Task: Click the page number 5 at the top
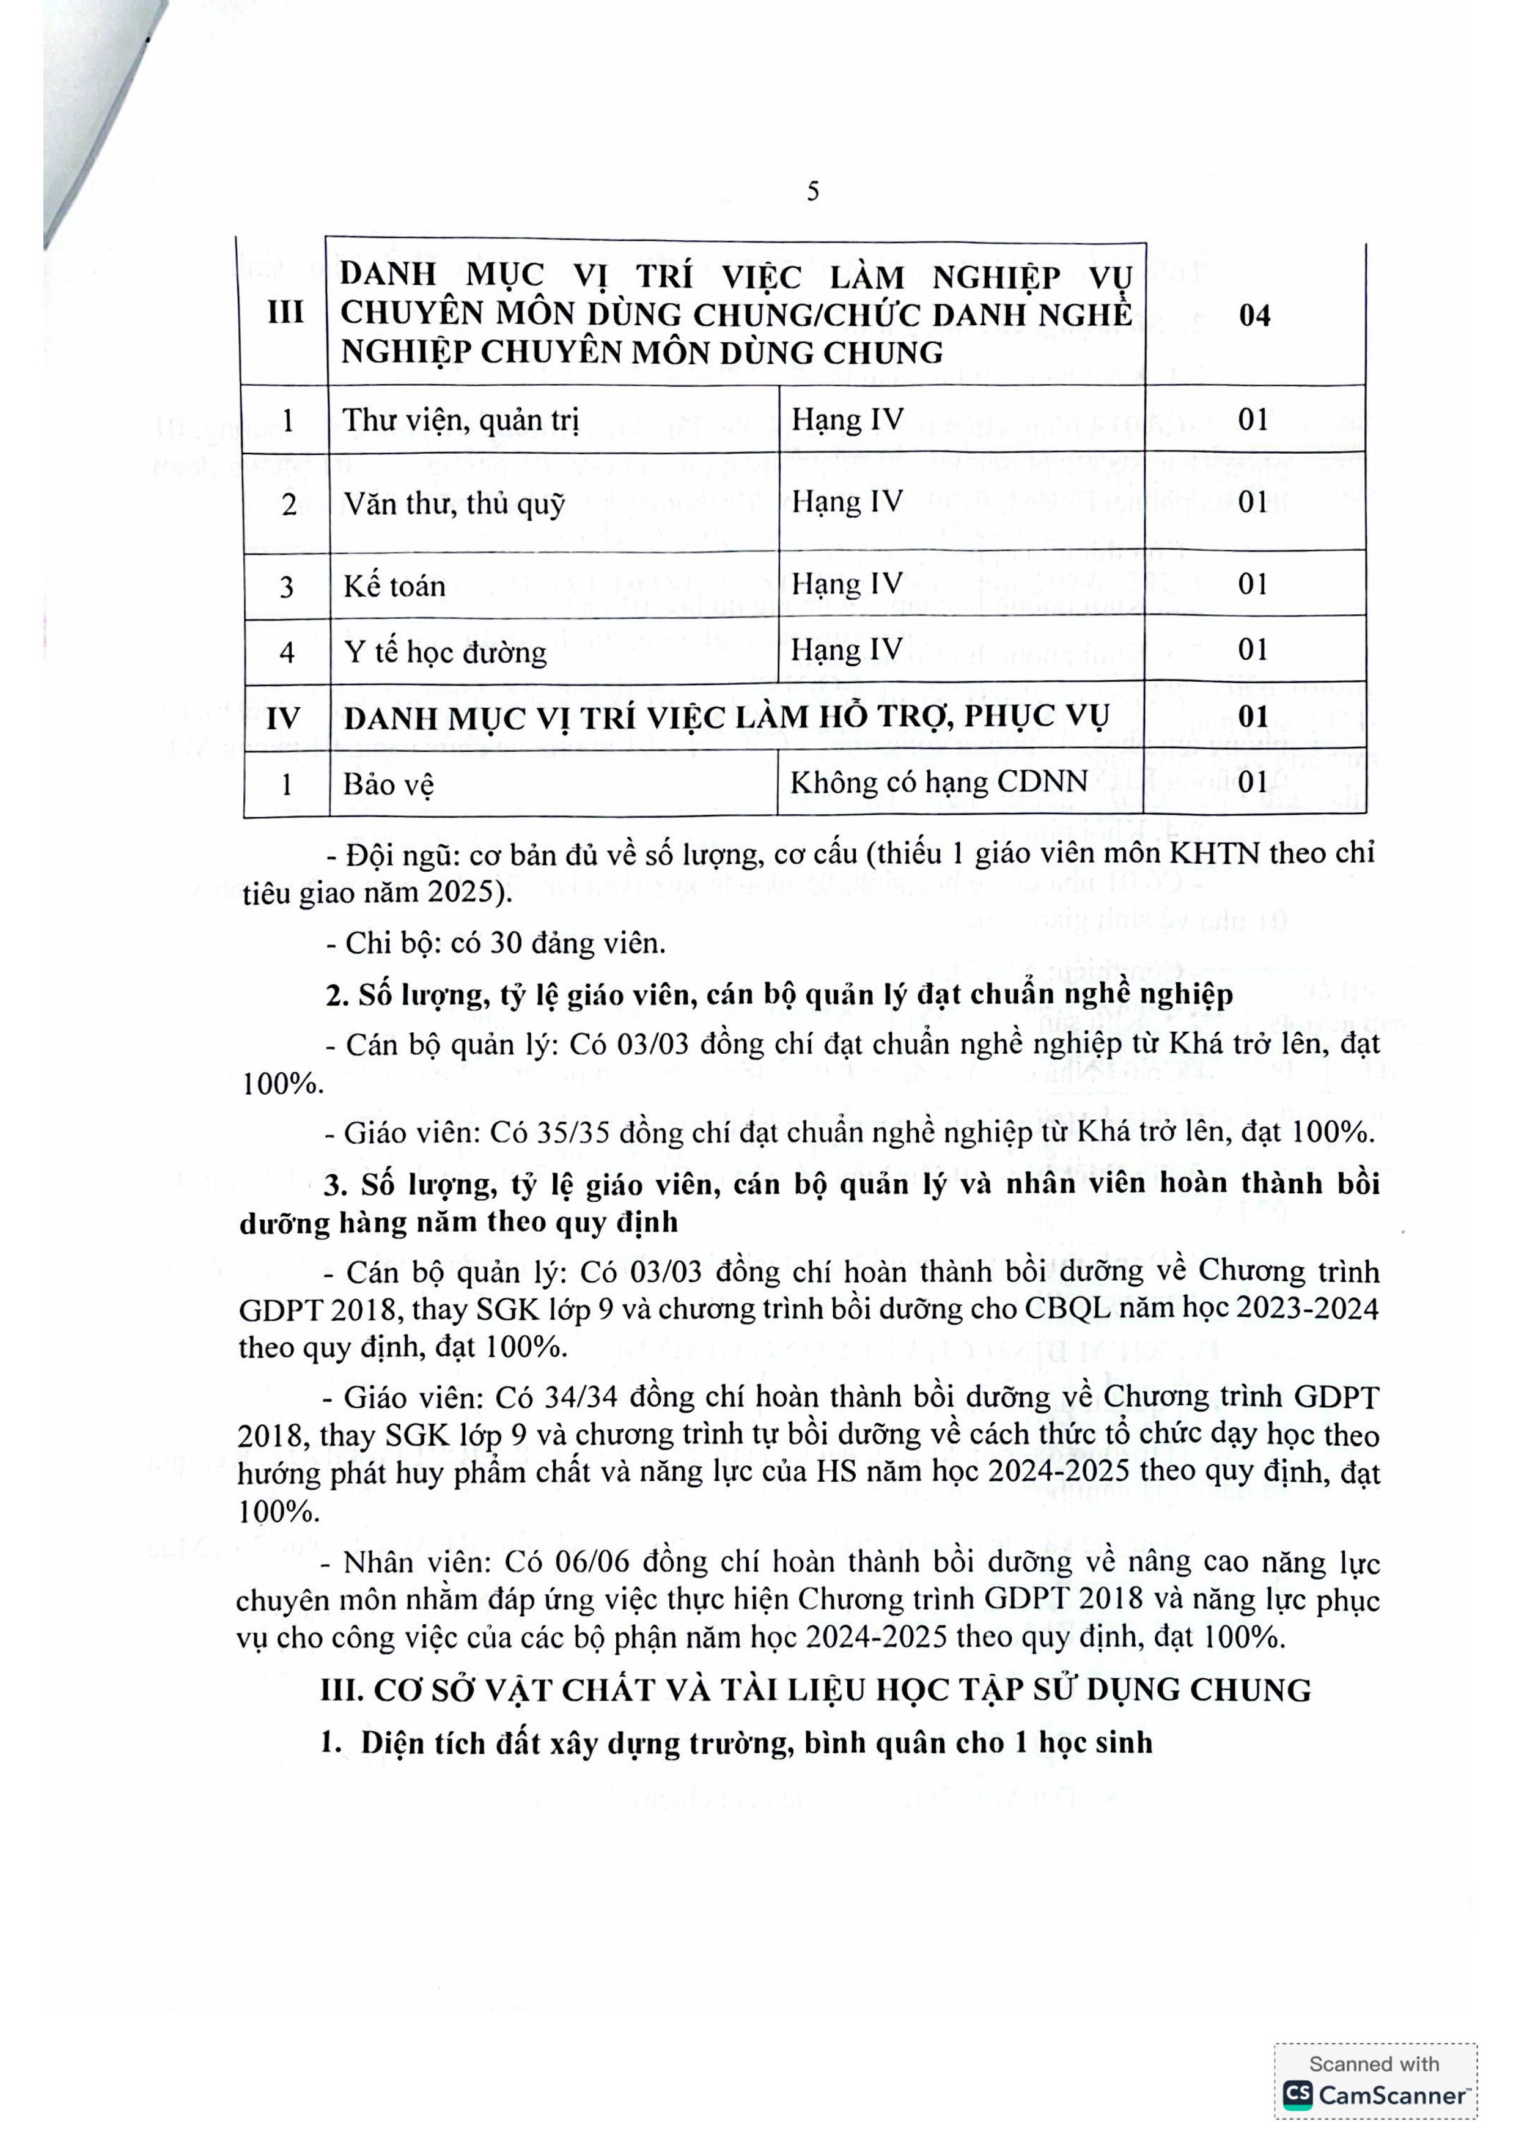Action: (x=812, y=191)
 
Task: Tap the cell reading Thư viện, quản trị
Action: (x=460, y=421)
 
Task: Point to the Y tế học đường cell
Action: (x=444, y=651)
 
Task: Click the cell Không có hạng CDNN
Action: (x=939, y=781)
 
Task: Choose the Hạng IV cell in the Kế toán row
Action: (x=847, y=584)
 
